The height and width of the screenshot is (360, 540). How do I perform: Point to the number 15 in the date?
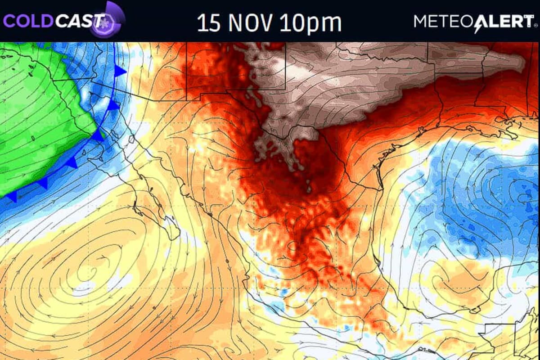pyautogui.click(x=210, y=22)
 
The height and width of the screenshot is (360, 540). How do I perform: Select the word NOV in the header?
pyautogui.click(x=251, y=22)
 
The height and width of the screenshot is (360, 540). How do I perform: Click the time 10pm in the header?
pyautogui.click(x=310, y=22)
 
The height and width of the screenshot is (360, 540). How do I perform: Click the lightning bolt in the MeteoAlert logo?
pyautogui.click(x=477, y=23)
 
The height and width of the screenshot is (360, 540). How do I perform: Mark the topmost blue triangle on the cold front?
pyautogui.click(x=120, y=71)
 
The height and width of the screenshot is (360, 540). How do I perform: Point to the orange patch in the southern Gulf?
pyautogui.click(x=454, y=279)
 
